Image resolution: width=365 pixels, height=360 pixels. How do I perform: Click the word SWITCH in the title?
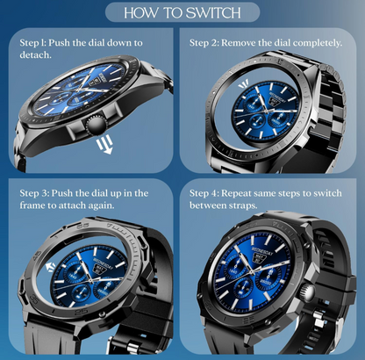(213, 13)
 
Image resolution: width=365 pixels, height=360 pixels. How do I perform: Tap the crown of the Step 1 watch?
(96, 126)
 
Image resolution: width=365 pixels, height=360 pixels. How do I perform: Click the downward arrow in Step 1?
(105, 144)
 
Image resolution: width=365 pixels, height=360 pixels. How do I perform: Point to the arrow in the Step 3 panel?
(51, 267)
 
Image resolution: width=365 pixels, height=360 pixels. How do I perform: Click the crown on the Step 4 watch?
(309, 292)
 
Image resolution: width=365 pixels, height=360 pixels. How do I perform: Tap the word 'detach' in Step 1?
(35, 55)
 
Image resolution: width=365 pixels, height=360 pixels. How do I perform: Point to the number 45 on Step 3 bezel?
(38, 255)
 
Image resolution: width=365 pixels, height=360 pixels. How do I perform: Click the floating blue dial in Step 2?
(266, 112)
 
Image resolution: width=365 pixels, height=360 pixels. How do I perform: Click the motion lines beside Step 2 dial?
(244, 84)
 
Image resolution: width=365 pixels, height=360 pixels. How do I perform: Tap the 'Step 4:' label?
(204, 193)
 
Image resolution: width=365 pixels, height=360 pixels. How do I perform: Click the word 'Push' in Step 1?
(59, 43)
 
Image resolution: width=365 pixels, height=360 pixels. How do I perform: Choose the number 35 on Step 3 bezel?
(34, 299)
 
